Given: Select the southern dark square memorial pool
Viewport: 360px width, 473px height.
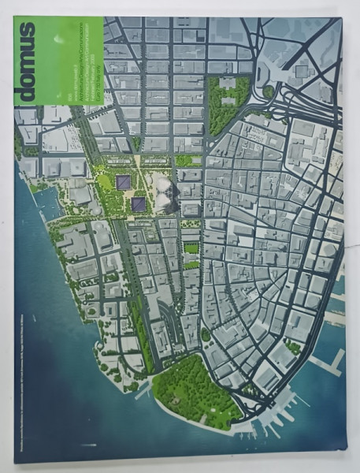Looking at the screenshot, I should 139,204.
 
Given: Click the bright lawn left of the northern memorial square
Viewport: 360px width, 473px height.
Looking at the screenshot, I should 106,182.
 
